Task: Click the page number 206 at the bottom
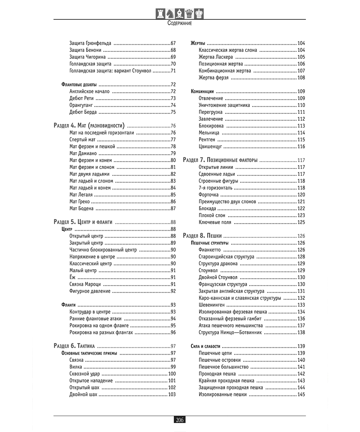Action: point(180,420)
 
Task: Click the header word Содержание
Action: point(180,23)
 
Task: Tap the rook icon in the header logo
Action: point(160,13)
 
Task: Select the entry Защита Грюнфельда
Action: point(90,43)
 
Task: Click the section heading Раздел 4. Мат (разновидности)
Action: point(89,126)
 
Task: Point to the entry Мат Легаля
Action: point(81,195)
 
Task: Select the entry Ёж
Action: point(72,277)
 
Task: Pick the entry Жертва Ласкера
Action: point(216,57)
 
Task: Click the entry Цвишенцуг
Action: point(210,147)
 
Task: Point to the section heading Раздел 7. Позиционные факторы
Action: point(220,160)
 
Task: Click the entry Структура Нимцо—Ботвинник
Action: point(230,332)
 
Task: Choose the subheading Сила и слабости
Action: point(206,346)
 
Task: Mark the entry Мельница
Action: point(209,133)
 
